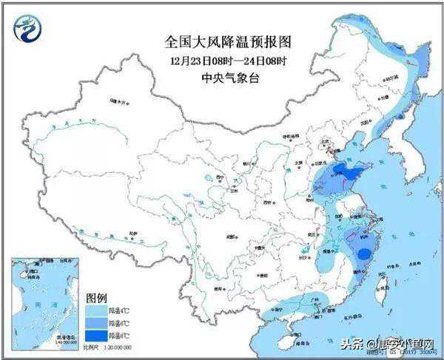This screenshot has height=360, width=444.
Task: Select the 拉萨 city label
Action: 132,232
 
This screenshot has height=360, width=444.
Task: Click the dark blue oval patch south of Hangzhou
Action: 364,254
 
